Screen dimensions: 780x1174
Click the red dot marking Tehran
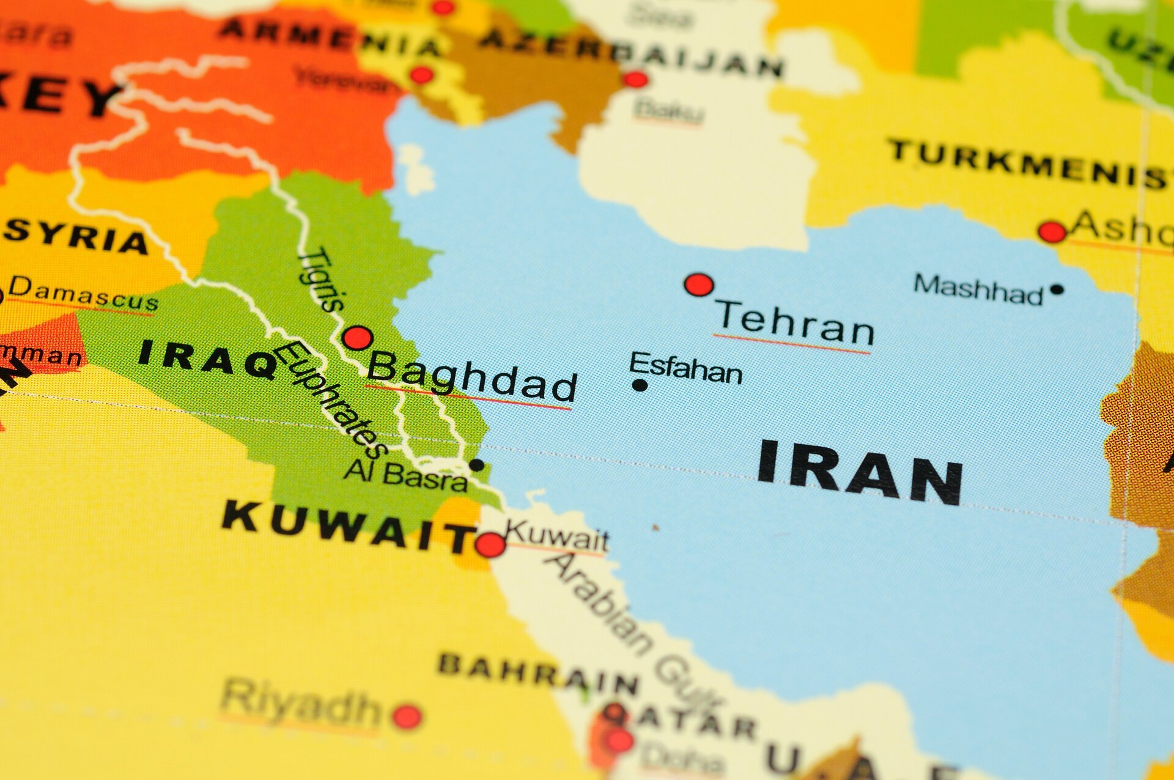[699, 285]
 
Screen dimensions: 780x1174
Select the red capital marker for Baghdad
[358, 338]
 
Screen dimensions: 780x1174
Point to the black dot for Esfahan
[640, 385]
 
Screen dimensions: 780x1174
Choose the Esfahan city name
[685, 368]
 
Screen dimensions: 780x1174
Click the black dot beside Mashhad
[1057, 289]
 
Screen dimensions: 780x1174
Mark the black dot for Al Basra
[476, 466]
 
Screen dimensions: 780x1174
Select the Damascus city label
[83, 294]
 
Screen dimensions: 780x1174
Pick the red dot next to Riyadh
[407, 716]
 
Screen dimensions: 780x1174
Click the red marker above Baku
[635, 80]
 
